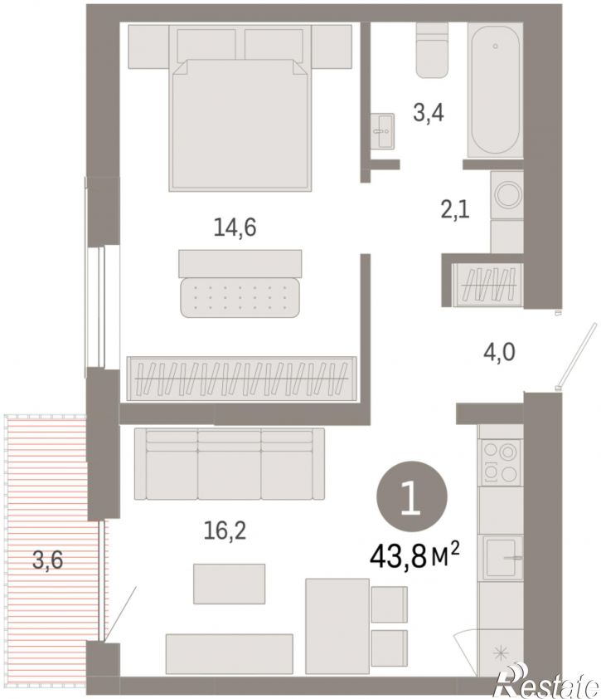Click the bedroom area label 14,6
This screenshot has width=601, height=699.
[x=235, y=228]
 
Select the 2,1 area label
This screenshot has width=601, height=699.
[x=455, y=209]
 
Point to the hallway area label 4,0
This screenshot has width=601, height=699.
[x=500, y=352]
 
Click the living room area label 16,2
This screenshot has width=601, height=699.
[x=225, y=530]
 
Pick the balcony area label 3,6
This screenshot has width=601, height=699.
[x=47, y=560]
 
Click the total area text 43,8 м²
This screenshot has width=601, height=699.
[x=414, y=558]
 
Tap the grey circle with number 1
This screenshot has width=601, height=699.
[x=412, y=496]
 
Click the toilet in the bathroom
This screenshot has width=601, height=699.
[x=432, y=51]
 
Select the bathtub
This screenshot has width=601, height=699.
[x=495, y=90]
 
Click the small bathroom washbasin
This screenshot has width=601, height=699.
[x=382, y=130]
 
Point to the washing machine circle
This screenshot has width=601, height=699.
[x=507, y=195]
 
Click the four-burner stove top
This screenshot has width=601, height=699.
[x=501, y=461]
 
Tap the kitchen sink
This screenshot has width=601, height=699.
[x=501, y=558]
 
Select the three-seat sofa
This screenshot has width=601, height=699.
[x=230, y=463]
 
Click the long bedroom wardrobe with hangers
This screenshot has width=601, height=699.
[x=242, y=379]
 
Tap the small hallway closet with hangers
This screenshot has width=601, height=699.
[x=488, y=285]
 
